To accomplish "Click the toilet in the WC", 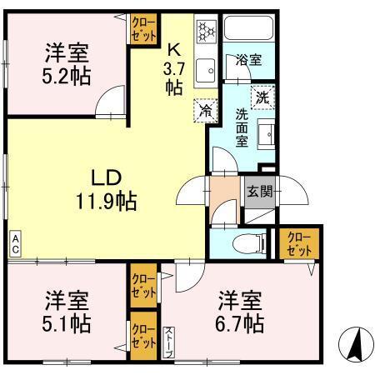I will pos(249,243).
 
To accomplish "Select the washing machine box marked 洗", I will pos(262,97).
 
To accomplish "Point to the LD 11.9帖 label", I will pos(108,189).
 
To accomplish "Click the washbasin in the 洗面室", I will pos(267,134).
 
